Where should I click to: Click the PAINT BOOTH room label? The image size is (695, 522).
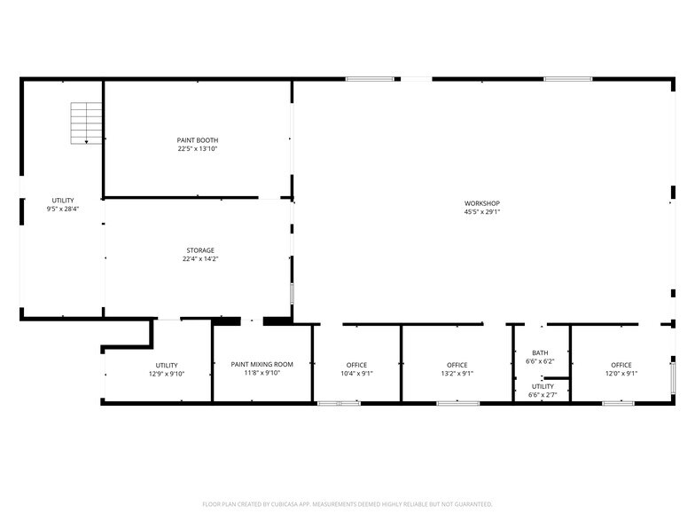[198, 140]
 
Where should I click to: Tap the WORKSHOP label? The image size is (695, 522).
[482, 203]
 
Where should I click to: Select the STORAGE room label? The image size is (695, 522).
[200, 250]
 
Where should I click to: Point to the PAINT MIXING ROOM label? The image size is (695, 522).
[262, 364]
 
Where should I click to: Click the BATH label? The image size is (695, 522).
[540, 353]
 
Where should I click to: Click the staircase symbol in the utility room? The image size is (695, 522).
[86, 123]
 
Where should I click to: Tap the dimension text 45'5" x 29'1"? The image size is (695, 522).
[482, 211]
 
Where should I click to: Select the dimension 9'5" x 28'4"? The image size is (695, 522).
[63, 209]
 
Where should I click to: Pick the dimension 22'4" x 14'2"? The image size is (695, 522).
[200, 259]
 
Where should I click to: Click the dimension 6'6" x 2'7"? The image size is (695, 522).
[543, 394]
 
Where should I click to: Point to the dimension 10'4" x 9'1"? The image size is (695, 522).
[356, 373]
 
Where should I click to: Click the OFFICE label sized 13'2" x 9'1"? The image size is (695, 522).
[457, 365]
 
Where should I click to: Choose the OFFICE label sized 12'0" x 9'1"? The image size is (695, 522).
[621, 365]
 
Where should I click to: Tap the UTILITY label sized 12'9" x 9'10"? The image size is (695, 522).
[167, 366]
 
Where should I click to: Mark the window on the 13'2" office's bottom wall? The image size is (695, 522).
[457, 403]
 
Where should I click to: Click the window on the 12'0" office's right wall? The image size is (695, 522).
[673, 378]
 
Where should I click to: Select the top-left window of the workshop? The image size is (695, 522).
[370, 79]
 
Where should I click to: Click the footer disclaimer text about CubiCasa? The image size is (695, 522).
[347, 504]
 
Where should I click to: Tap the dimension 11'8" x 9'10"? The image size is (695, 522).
[262, 373]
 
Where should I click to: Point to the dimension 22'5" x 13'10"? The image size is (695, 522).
[198, 149]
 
